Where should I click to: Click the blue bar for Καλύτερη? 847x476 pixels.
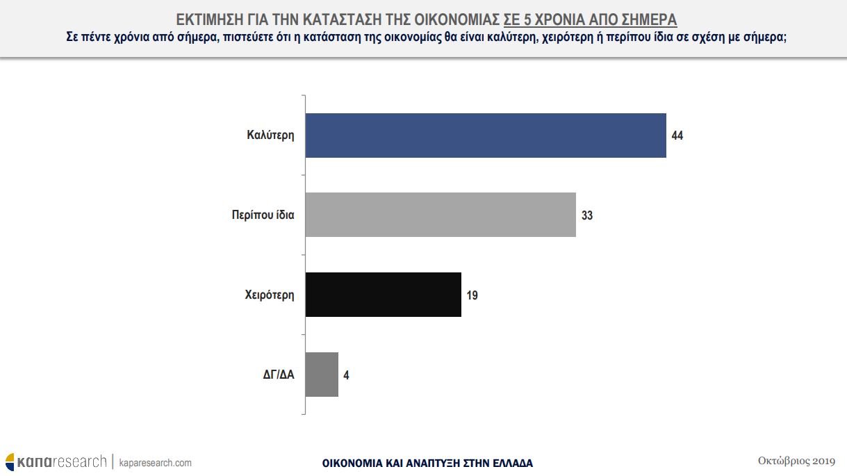click(x=486, y=136)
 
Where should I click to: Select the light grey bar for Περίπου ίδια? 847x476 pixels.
click(x=441, y=215)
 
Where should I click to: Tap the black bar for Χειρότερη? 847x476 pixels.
click(x=383, y=295)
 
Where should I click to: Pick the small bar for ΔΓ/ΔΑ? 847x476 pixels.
click(x=322, y=375)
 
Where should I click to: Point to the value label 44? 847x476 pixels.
click(x=677, y=136)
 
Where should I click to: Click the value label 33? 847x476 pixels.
click(x=587, y=215)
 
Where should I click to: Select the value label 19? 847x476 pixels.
click(x=472, y=295)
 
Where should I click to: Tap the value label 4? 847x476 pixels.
click(x=346, y=375)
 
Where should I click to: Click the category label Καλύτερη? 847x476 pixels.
click(x=270, y=136)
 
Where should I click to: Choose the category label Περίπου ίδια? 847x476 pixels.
click(x=263, y=215)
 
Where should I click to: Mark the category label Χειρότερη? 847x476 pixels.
click(x=270, y=295)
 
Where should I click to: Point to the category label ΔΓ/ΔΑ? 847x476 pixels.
click(x=279, y=375)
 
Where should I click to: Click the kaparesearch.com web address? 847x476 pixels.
click(x=156, y=463)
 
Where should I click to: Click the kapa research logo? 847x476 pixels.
click(x=56, y=461)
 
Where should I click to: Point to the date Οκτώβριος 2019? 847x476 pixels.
click(x=796, y=461)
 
